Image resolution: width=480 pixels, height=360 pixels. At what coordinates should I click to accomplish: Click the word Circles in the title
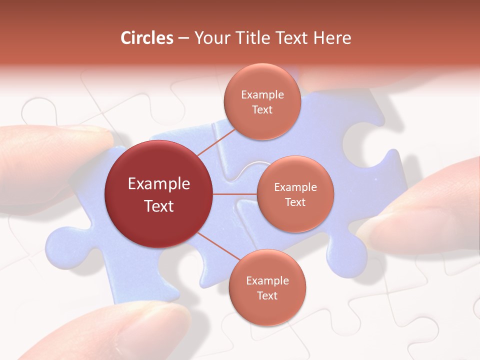tap(147, 38)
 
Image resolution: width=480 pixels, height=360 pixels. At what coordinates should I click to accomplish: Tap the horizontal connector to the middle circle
tap(235, 194)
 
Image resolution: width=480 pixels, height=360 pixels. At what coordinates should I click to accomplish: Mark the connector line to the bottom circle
tap(215, 246)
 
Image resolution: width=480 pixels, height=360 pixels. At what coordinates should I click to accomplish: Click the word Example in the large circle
tap(159, 184)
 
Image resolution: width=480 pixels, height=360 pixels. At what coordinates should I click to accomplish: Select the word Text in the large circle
tap(159, 206)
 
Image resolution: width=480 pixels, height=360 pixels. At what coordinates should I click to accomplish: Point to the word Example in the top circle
tap(262, 95)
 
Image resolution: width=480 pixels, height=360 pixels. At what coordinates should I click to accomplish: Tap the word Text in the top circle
tap(262, 110)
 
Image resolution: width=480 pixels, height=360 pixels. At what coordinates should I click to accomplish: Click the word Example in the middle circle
tap(295, 187)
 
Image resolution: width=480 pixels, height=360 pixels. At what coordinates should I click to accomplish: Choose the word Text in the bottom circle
tap(267, 296)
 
